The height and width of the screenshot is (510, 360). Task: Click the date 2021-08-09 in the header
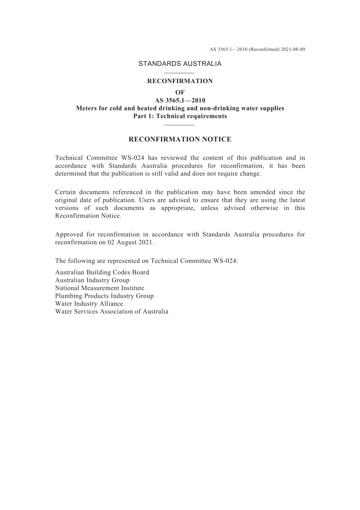point(293,49)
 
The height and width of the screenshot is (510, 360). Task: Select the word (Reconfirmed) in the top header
point(264,49)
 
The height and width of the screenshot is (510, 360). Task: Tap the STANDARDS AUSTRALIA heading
point(180,64)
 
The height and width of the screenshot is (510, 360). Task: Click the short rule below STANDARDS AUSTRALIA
point(180,73)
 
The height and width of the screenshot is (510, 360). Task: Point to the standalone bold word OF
point(180,93)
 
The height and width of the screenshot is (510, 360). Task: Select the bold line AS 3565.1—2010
point(180,100)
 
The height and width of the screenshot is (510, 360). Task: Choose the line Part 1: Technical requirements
point(180,116)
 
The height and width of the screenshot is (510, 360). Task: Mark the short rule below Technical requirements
point(180,125)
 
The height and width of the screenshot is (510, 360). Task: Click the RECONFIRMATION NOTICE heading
point(180,140)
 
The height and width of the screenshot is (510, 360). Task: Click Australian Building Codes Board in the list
point(102,272)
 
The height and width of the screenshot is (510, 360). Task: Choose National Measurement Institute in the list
point(100,288)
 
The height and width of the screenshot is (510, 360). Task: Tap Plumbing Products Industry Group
point(104,296)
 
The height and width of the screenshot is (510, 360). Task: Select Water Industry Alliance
point(89,304)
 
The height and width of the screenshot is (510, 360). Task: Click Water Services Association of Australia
point(112,312)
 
